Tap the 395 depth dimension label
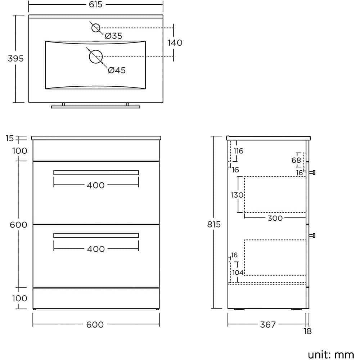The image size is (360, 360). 15,58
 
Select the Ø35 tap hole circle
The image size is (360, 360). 95,28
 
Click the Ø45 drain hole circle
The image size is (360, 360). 96,57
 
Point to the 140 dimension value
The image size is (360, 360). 175,42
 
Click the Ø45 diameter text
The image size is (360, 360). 117,70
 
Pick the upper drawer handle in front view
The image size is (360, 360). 96,172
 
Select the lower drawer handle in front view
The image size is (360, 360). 96,235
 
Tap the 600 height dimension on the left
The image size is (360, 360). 19,225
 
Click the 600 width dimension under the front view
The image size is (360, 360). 95,324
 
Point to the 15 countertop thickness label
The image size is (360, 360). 10,138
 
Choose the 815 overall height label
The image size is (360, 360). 214,225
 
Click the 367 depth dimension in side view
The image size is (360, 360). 267,324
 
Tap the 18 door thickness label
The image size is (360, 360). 307,332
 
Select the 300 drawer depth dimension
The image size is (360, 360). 275,218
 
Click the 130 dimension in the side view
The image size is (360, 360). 237,195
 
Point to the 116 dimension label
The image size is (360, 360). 238,151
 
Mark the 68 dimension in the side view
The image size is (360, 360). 296,160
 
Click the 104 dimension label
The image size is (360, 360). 238,273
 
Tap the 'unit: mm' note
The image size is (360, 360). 331,354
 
